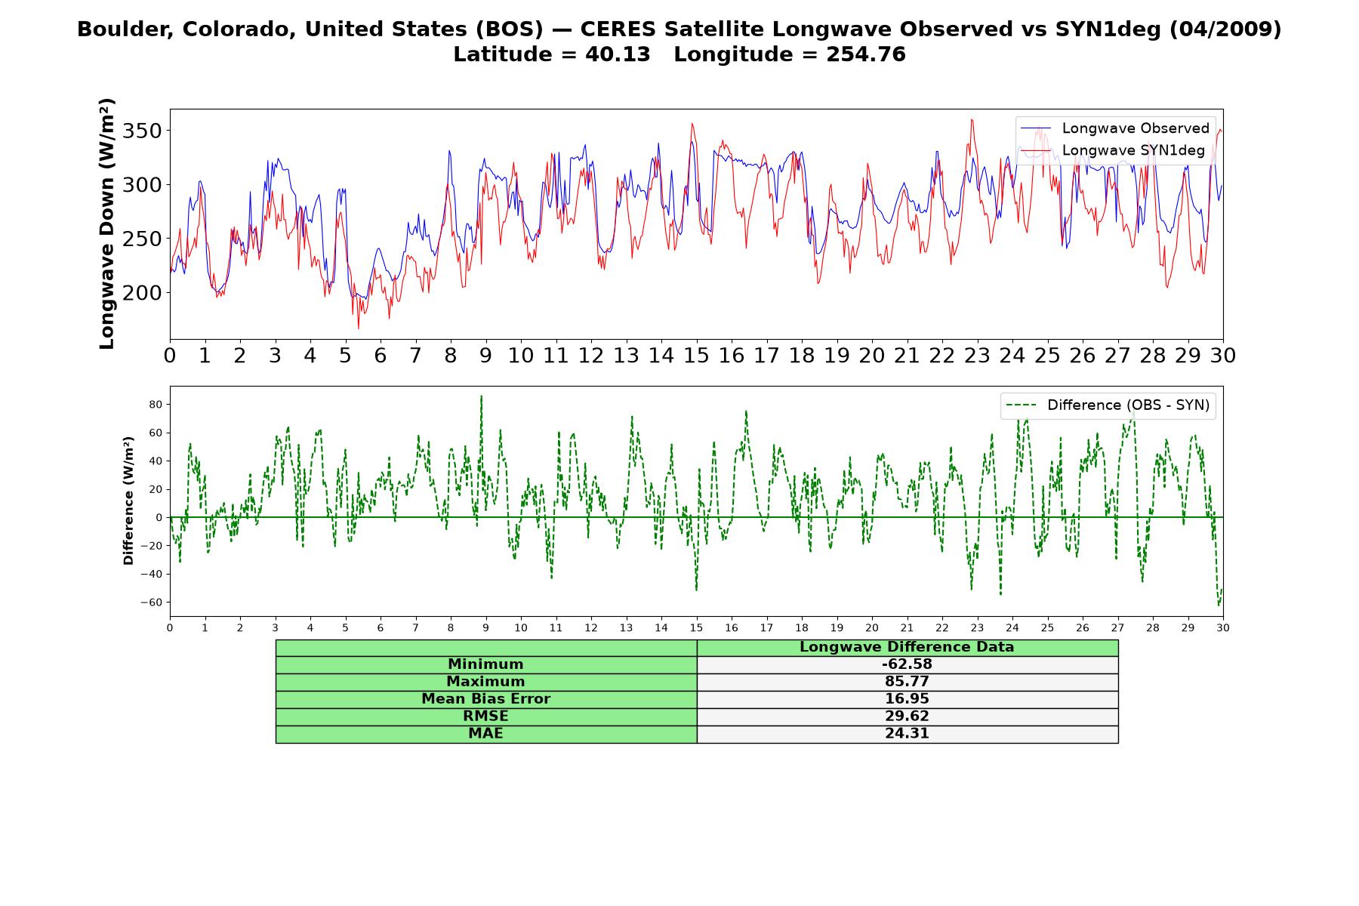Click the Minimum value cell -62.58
click(x=907, y=664)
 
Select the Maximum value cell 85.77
click(x=907, y=682)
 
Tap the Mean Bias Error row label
click(x=485, y=699)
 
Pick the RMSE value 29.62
click(x=907, y=716)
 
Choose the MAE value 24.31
click(x=907, y=734)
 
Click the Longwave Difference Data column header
click(x=907, y=647)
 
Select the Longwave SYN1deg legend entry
click(x=1113, y=150)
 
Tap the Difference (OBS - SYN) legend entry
click(x=1108, y=405)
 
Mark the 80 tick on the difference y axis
click(x=156, y=405)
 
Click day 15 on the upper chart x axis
click(x=696, y=356)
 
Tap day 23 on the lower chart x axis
click(x=977, y=627)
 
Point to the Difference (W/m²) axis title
click(x=128, y=501)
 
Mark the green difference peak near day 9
click(x=482, y=396)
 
